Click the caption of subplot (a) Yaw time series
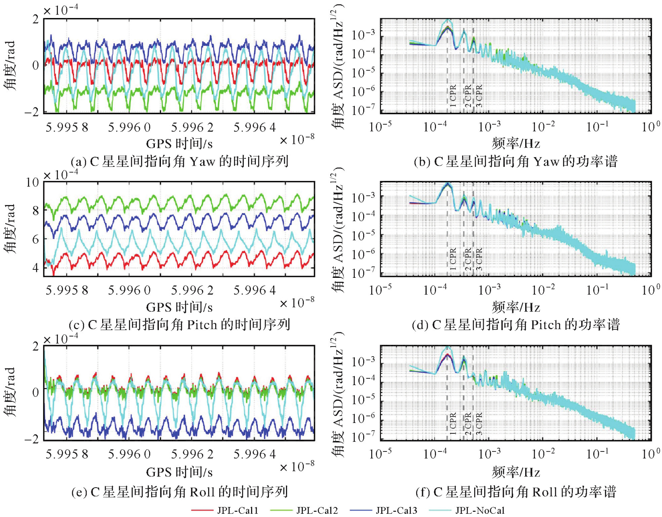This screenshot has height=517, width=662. coord(179,162)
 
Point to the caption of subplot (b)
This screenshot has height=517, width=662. coord(515,162)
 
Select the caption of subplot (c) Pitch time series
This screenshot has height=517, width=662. coord(179,324)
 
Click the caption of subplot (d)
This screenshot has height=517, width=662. coord(515,324)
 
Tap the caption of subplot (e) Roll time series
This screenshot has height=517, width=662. coord(179,492)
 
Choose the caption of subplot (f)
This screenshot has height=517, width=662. coord(515,492)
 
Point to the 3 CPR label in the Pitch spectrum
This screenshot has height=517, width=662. coord(479,259)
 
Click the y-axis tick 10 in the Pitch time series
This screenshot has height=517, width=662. coord(32,183)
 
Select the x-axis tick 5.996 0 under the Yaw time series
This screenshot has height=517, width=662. coord(129,127)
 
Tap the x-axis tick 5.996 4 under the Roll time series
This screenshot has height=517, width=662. coord(255,454)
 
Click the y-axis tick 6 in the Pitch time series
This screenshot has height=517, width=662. coord(35,239)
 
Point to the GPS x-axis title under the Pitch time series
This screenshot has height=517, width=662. coord(179,307)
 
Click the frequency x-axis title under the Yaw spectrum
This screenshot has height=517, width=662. coord(516,143)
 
